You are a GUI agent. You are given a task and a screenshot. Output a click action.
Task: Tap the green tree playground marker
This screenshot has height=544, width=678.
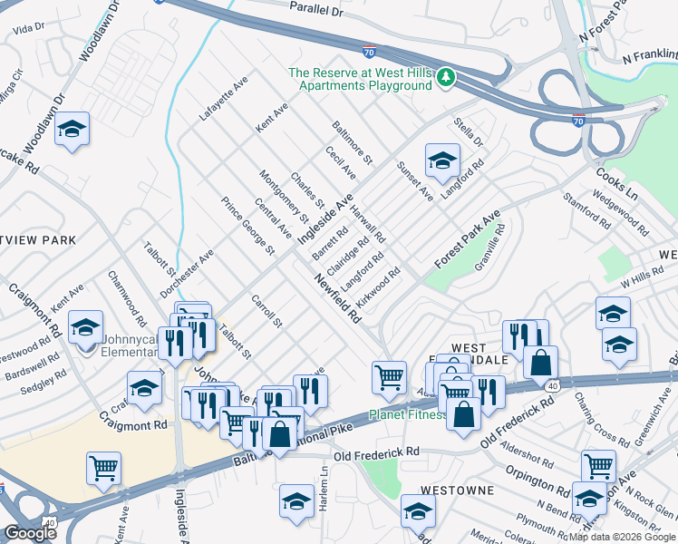click(444, 78)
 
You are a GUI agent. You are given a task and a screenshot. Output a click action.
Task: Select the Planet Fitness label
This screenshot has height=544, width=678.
click(408, 415)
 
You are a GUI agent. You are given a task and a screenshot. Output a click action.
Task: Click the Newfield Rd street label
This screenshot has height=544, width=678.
click(338, 300)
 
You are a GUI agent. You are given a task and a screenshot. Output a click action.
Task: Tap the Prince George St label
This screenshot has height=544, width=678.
click(247, 224)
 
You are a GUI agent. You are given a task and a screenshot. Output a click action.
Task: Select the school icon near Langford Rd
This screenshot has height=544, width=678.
click(441, 160)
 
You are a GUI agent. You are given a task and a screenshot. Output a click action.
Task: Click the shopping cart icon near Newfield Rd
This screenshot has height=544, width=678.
click(390, 375)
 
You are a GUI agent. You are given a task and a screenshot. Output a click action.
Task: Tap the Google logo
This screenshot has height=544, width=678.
click(29, 533)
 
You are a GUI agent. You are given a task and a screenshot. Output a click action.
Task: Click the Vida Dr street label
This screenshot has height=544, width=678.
click(29, 29)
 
